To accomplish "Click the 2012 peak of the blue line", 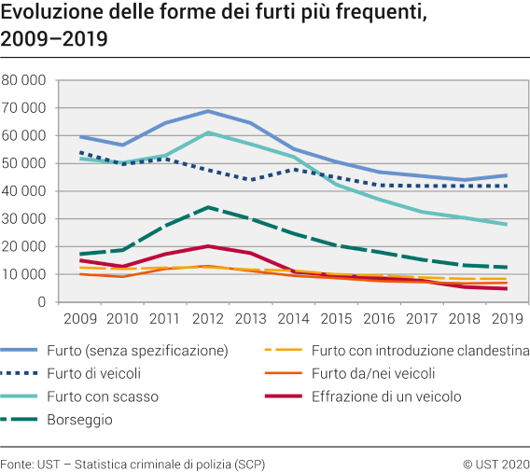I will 206,111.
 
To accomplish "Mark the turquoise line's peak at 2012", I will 206,132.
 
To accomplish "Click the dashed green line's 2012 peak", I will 206,207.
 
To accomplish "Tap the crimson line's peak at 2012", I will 206,246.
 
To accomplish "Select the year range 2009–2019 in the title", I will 54,40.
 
